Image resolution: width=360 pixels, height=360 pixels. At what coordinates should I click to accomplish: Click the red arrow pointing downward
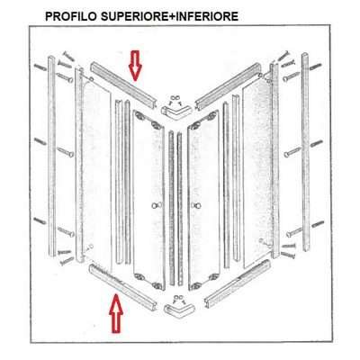click(136, 65)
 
